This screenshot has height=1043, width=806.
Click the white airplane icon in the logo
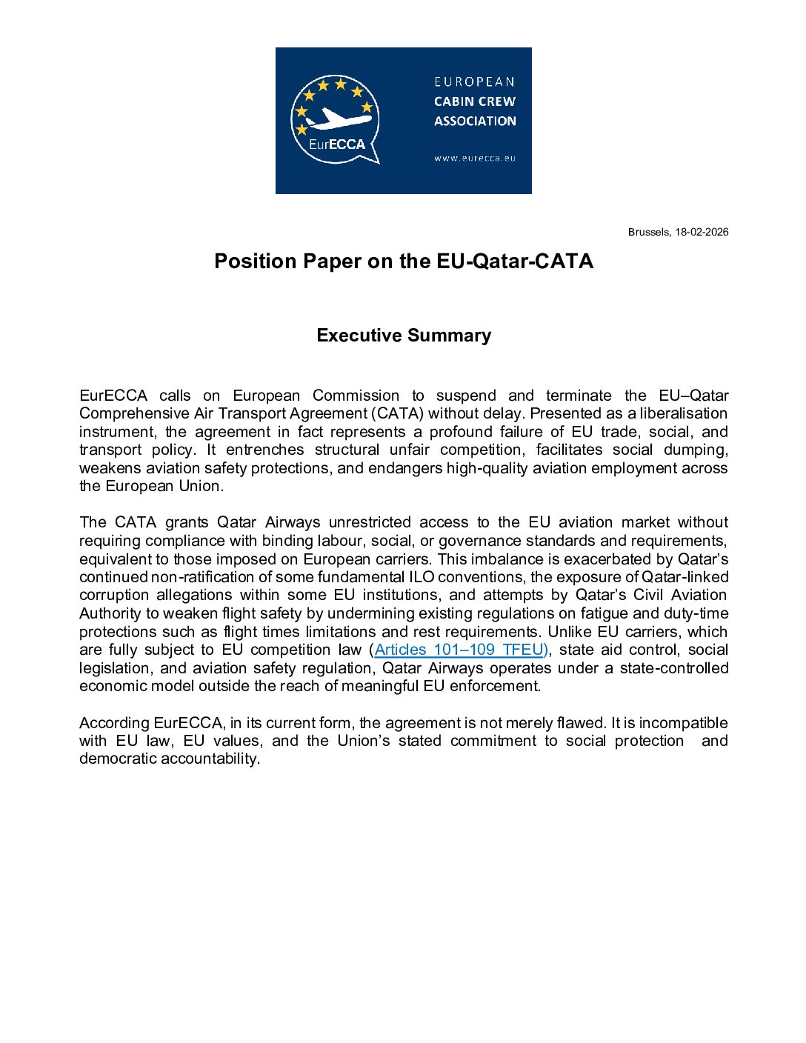(x=339, y=119)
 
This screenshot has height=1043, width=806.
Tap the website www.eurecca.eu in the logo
(x=474, y=158)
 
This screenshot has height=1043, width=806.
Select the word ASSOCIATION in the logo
(x=475, y=121)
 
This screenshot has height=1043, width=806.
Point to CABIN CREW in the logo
(x=475, y=101)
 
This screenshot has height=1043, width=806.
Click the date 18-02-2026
(x=702, y=232)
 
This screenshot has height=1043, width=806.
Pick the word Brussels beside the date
(x=648, y=232)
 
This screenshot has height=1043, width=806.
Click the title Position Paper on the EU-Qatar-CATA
(x=404, y=261)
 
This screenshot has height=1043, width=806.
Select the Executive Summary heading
(x=404, y=336)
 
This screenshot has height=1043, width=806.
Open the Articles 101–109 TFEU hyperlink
(x=461, y=650)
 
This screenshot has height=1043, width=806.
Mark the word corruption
(x=114, y=595)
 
